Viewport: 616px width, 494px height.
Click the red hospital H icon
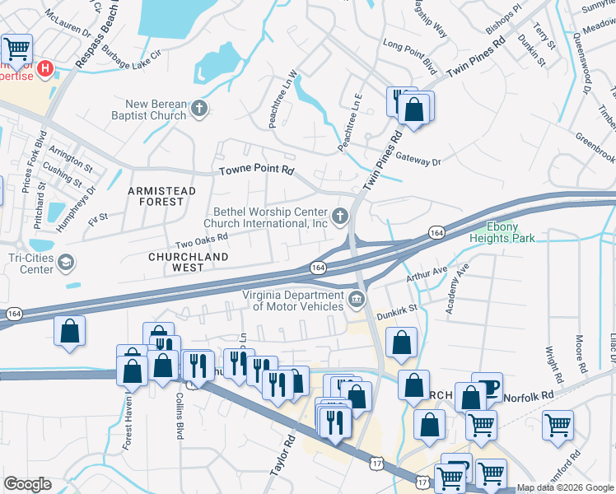point(46,68)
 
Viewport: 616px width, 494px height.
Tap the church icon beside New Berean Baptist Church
point(198,108)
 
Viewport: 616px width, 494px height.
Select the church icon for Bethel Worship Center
point(340,217)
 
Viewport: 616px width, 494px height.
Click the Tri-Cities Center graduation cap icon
point(65,263)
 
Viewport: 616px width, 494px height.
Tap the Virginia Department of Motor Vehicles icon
point(357,299)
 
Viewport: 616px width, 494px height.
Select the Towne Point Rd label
point(256,170)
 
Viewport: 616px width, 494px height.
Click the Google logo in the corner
point(27,484)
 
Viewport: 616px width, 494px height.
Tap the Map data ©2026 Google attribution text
point(565,487)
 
